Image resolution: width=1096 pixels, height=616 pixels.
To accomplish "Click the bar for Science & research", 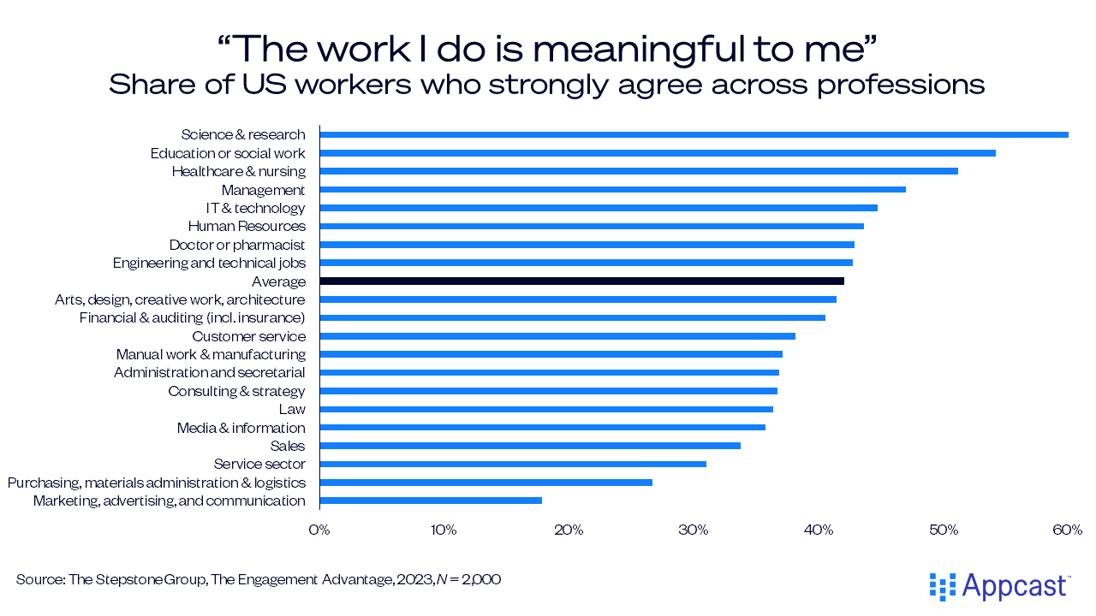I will [694, 134].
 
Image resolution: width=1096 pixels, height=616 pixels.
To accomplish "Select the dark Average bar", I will [581, 281].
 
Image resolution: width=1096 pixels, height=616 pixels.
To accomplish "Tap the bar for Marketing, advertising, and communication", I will [431, 500].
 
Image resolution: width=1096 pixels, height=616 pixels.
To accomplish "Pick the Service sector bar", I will [513, 464].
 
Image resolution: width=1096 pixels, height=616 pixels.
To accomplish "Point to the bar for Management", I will [612, 189].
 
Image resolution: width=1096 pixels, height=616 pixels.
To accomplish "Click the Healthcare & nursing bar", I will [639, 171].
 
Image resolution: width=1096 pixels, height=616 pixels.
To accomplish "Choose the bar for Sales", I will [530, 446].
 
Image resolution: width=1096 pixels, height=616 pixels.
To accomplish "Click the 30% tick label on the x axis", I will [694, 530].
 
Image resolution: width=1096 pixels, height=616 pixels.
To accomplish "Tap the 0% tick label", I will [319, 530].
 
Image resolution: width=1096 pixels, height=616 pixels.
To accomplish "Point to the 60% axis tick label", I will [1068, 530].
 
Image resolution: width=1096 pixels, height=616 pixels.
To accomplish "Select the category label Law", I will [292, 409].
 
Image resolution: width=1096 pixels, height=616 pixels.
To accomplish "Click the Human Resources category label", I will [247, 226].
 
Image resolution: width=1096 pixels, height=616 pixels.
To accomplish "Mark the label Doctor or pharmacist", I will [237, 245].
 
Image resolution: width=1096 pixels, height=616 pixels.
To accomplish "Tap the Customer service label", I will [248, 336].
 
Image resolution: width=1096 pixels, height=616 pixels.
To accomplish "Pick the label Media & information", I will [241, 428].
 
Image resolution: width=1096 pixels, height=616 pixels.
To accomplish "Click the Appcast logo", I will [999, 586].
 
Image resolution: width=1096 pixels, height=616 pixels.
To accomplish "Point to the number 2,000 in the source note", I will [481, 580].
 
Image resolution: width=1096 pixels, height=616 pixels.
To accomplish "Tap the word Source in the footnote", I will [37, 580].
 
